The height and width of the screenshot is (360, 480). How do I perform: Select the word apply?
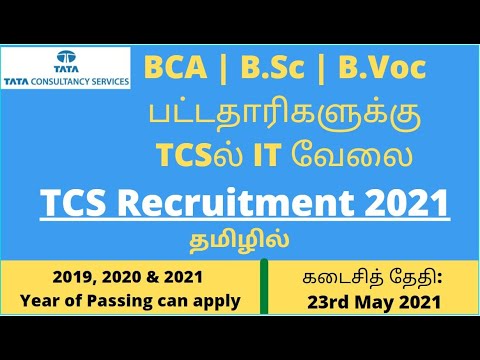[217, 299]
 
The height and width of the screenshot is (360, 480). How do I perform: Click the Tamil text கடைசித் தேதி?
[369, 275]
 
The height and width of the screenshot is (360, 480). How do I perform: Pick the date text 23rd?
[314, 299]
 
